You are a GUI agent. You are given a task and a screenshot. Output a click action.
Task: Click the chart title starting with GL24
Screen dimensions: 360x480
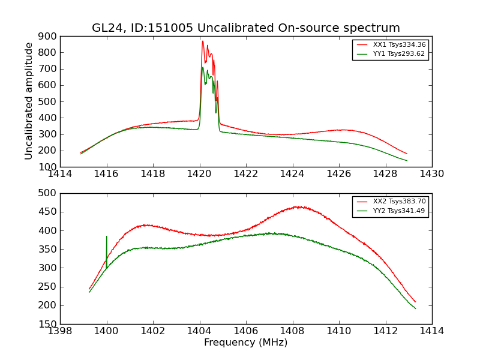245,28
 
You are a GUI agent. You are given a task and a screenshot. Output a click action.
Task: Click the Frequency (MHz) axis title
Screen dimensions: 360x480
245,343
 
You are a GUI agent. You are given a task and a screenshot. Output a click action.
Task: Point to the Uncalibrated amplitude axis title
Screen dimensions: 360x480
29,101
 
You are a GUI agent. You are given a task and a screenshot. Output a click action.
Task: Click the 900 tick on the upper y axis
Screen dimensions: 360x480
49,36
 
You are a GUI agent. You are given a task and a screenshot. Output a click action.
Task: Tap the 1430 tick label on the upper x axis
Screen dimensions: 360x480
431,174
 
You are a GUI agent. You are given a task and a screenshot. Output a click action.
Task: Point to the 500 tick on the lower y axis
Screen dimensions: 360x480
49,193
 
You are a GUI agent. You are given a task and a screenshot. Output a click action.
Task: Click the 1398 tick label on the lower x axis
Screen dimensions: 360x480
60,331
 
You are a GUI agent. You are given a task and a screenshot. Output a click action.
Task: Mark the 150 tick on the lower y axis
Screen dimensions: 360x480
49,324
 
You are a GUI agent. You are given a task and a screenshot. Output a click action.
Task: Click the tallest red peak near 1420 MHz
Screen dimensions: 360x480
203,41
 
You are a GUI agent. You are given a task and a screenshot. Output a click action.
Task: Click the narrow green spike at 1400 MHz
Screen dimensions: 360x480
107,237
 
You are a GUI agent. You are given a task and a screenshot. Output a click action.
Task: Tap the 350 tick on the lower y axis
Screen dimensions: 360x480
49,249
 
